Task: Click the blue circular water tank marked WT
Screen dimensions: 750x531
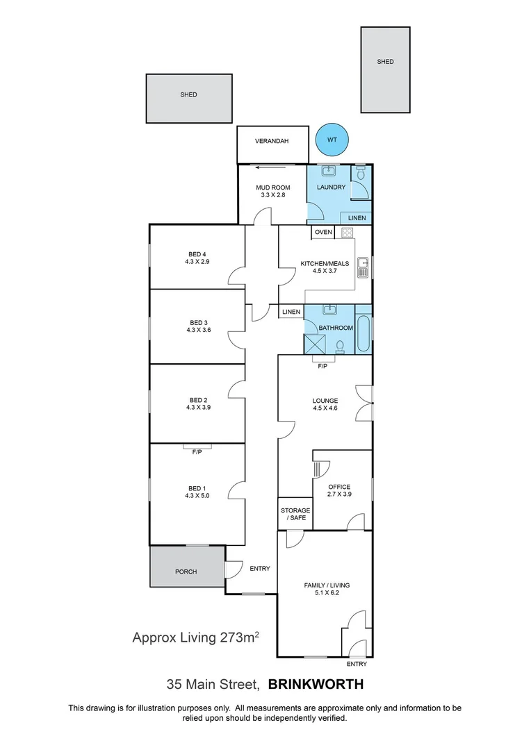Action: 332,140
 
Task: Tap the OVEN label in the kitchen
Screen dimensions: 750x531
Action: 323,232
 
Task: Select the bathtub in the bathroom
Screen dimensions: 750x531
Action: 363,328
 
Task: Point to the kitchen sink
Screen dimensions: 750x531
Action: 362,267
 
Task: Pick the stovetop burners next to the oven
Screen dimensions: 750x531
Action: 346,232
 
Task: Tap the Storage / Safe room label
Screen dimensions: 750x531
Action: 295,514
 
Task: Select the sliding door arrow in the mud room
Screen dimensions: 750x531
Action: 272,167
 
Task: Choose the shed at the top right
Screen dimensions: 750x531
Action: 385,69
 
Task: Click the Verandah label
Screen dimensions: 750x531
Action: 272,140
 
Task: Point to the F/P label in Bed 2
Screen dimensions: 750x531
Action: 197,452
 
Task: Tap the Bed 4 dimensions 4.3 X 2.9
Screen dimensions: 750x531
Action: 197,262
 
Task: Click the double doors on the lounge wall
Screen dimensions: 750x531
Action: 363,403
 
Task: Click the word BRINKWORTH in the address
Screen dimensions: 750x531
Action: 316,684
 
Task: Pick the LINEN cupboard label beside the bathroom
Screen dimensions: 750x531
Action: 291,312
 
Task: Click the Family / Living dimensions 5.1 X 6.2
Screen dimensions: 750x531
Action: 327,594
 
